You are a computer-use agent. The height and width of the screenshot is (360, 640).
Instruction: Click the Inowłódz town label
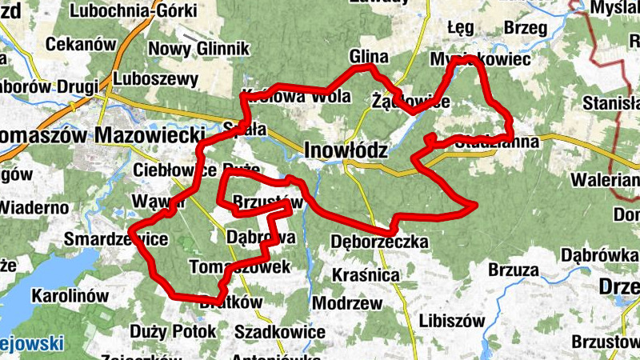pyautogui.click(x=346, y=150)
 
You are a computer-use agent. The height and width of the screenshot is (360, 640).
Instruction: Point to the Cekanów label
pyautogui.click(x=81, y=45)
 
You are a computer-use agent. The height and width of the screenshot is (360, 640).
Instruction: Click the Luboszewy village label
pyautogui.click(x=156, y=79)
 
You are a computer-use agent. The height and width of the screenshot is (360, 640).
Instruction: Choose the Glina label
pyautogui.click(x=368, y=57)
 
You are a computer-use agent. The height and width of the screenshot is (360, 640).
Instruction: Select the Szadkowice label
pyautogui.click(x=280, y=331)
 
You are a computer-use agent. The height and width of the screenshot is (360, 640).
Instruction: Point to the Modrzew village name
pyautogui.click(x=347, y=304)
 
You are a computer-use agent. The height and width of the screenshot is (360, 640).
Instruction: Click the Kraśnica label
pyautogui.click(x=365, y=275)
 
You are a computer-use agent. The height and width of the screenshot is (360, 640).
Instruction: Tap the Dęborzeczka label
pyautogui.click(x=379, y=242)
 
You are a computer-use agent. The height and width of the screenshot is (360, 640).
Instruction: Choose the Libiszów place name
pyautogui.click(x=452, y=321)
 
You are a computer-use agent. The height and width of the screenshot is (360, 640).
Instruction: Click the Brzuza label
pyautogui.click(x=513, y=270)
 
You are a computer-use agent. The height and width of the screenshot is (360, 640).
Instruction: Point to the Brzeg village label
pyautogui.click(x=526, y=28)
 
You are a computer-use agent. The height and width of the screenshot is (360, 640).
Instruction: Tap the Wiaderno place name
pyautogui.click(x=34, y=207)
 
